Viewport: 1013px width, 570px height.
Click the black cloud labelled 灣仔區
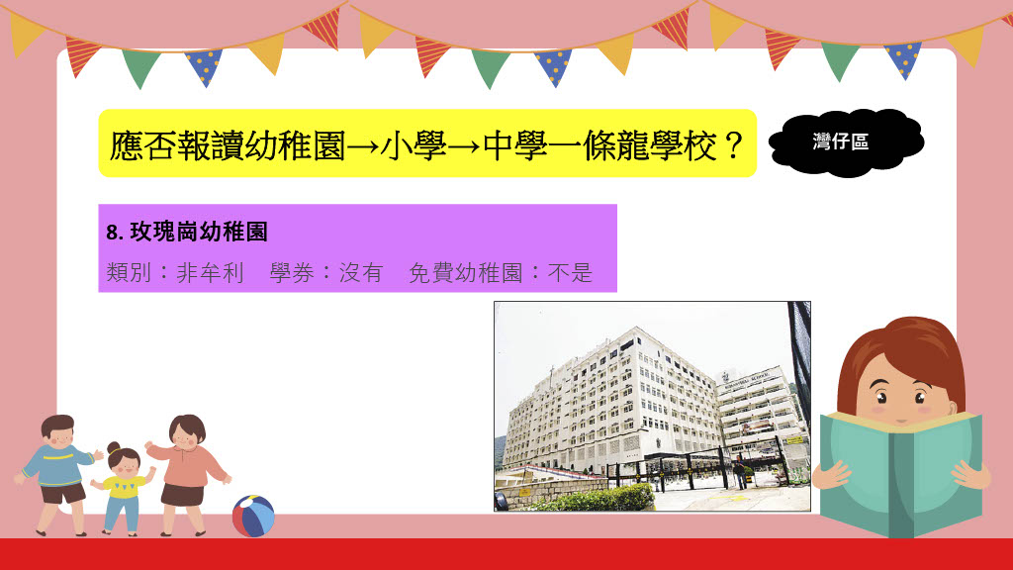(847, 142)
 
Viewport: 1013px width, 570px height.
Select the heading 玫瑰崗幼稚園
(199, 232)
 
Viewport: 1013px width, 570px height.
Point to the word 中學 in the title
(515, 145)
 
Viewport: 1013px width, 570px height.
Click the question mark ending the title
(733, 145)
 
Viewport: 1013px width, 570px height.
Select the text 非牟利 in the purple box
(211, 273)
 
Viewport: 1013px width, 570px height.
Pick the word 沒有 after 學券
(362, 273)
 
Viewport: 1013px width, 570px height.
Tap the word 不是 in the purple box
(570, 273)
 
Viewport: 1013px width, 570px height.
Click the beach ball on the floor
(253, 516)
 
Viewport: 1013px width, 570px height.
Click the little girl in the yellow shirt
(124, 489)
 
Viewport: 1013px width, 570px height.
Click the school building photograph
(652, 407)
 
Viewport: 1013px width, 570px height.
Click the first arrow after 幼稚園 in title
(363, 147)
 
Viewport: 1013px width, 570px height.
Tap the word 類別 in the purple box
(129, 273)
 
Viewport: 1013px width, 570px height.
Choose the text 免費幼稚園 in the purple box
(466, 273)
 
